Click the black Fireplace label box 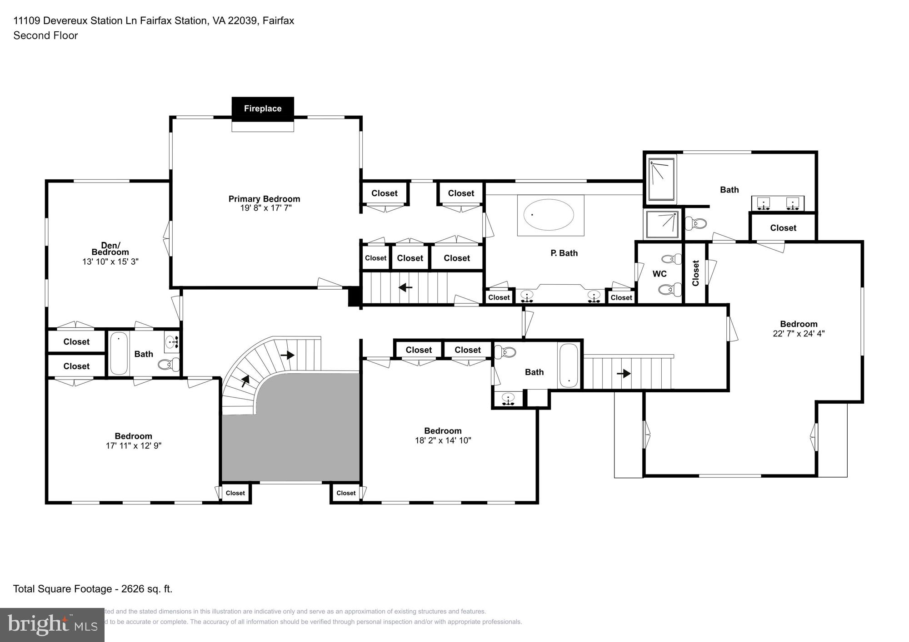coord(263,109)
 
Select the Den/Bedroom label coord(110,249)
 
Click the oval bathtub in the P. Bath coord(549,214)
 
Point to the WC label coord(659,274)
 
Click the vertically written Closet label coord(695,273)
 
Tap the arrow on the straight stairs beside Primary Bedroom coord(405,287)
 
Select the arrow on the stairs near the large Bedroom coord(624,373)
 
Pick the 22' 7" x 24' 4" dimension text coord(799,333)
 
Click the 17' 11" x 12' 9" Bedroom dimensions coord(134,446)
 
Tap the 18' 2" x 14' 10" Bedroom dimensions coord(443,440)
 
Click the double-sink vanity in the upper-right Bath coord(778,203)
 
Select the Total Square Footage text coord(93,589)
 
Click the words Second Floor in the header coord(45,35)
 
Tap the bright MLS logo coord(52,625)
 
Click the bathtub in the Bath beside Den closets coord(119,354)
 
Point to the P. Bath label coord(564,253)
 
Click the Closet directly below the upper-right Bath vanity coord(783,228)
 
